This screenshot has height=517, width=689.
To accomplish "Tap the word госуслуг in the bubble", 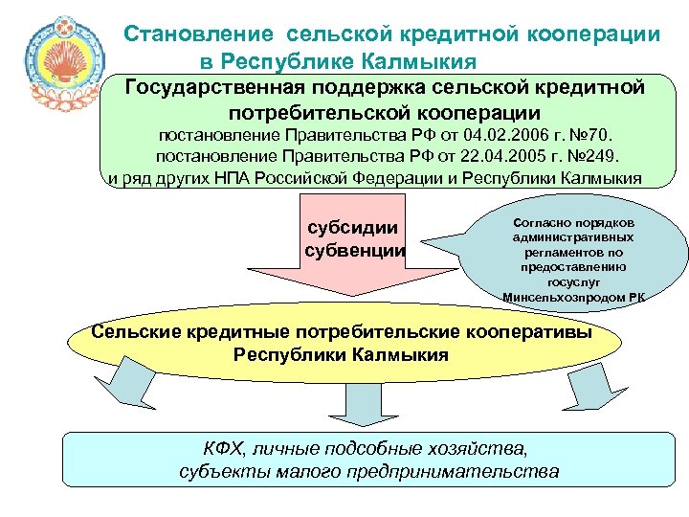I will pyautogui.click(x=572, y=282).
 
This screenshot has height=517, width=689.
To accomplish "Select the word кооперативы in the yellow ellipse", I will pyautogui.click(x=529, y=331).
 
